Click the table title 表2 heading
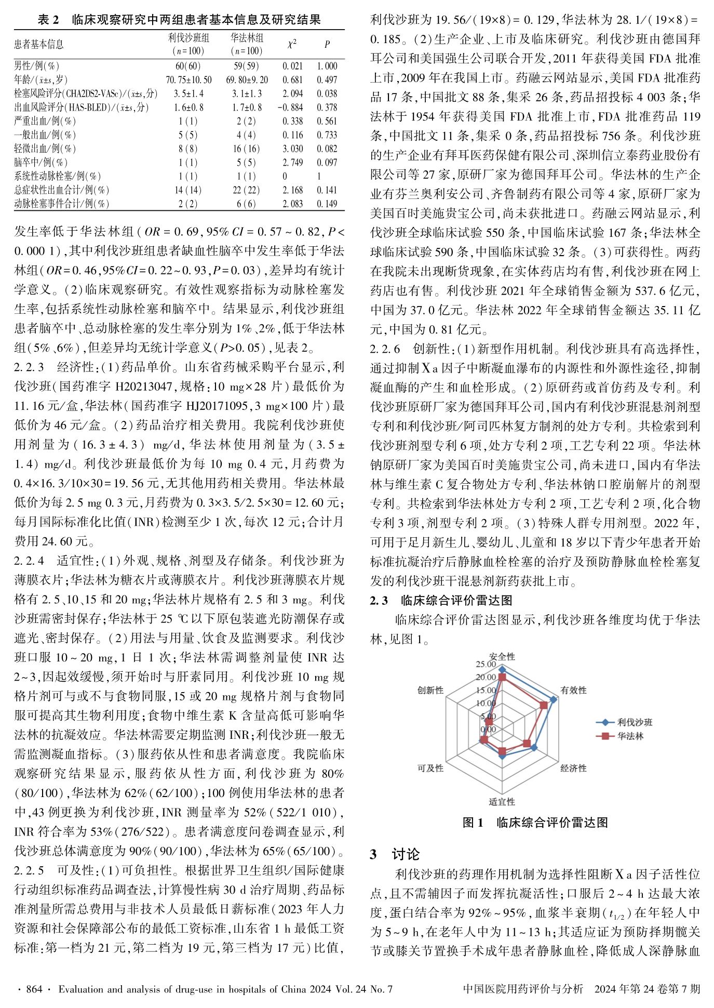pos(179,20)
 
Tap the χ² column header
pos(292,44)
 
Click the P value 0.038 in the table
pos(327,94)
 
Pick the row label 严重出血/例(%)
pos(45,121)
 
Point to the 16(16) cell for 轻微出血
pos(247,149)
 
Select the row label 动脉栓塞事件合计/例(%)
pos(62,204)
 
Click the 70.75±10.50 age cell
pos(188,80)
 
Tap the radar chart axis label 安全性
pos(502,657)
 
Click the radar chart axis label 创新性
pos(430,690)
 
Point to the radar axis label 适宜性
pos(502,802)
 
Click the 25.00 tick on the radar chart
pos(486,664)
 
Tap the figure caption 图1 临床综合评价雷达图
pos(535,823)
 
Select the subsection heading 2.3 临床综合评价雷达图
pos(441,601)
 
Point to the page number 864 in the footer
pos(34,989)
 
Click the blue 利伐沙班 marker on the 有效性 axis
pos(554,699)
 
